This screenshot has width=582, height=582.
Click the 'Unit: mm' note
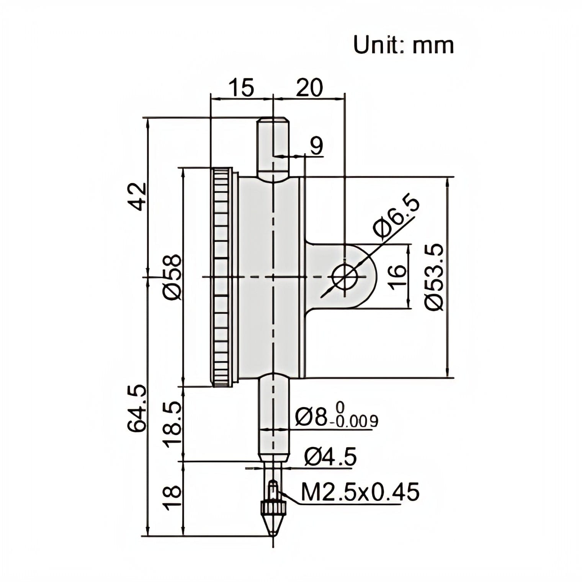point(403,45)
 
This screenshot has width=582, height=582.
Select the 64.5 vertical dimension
point(137,409)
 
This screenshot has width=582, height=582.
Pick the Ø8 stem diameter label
point(312,417)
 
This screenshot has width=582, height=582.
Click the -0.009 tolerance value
point(356,422)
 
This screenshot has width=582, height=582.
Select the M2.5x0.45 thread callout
point(360,492)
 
